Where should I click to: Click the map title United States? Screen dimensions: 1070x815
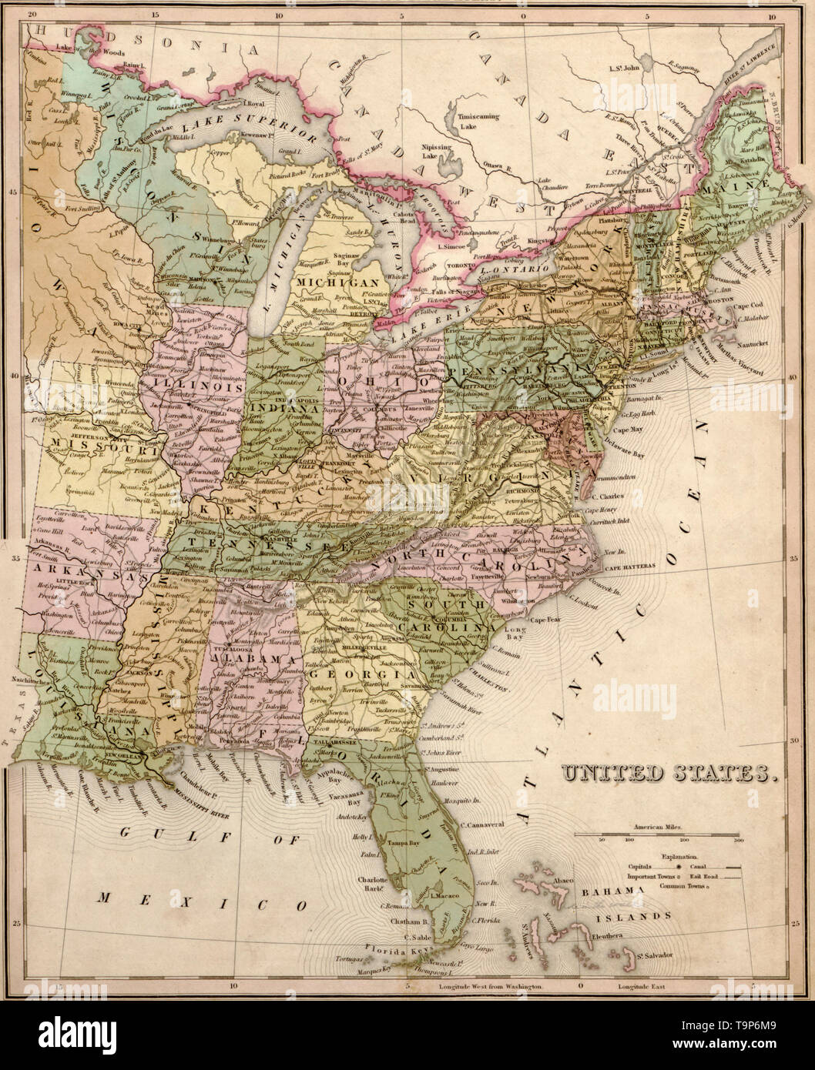click(x=667, y=771)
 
